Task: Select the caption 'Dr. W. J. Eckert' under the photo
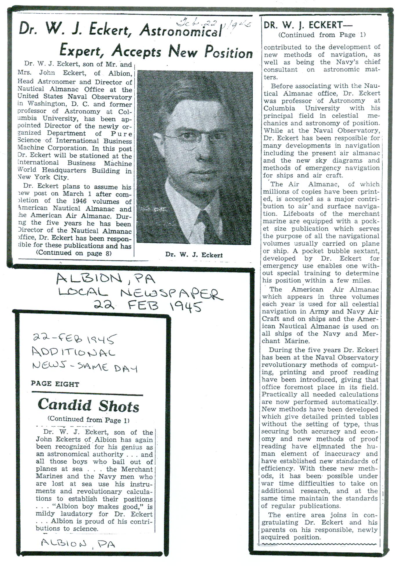pyautogui.click(x=194, y=255)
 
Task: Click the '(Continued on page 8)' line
pyautogui.click(x=74, y=253)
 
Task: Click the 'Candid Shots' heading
pyautogui.click(x=88, y=405)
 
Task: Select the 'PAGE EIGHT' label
pyautogui.click(x=55, y=384)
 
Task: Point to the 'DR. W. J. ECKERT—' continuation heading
pyautogui.click(x=308, y=25)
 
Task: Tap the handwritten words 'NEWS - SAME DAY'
pyautogui.click(x=84, y=367)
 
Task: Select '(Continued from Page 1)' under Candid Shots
pyautogui.click(x=88, y=420)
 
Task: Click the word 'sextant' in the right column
pyautogui.click(x=367, y=251)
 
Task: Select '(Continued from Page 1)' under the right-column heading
pyautogui.click(x=322, y=35)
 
